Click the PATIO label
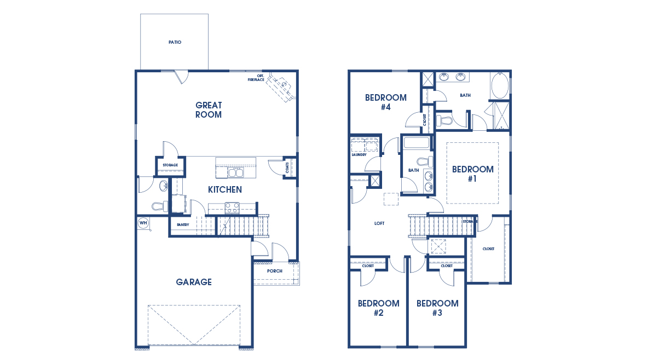[175, 42]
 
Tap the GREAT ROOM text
[209, 110]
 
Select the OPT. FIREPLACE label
[256, 78]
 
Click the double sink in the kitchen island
[236, 173]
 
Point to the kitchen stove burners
[232, 207]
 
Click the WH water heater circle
[143, 223]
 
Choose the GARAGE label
[194, 282]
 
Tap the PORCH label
[274, 271]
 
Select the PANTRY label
[182, 224]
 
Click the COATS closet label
[287, 167]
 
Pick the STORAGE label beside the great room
[170, 165]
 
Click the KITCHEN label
[224, 190]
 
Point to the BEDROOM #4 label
[386, 102]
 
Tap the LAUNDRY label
[359, 155]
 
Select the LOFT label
[379, 223]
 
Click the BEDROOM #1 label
[472, 174]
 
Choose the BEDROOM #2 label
[378, 308]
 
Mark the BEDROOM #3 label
[437, 308]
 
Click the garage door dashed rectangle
[194, 325]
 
